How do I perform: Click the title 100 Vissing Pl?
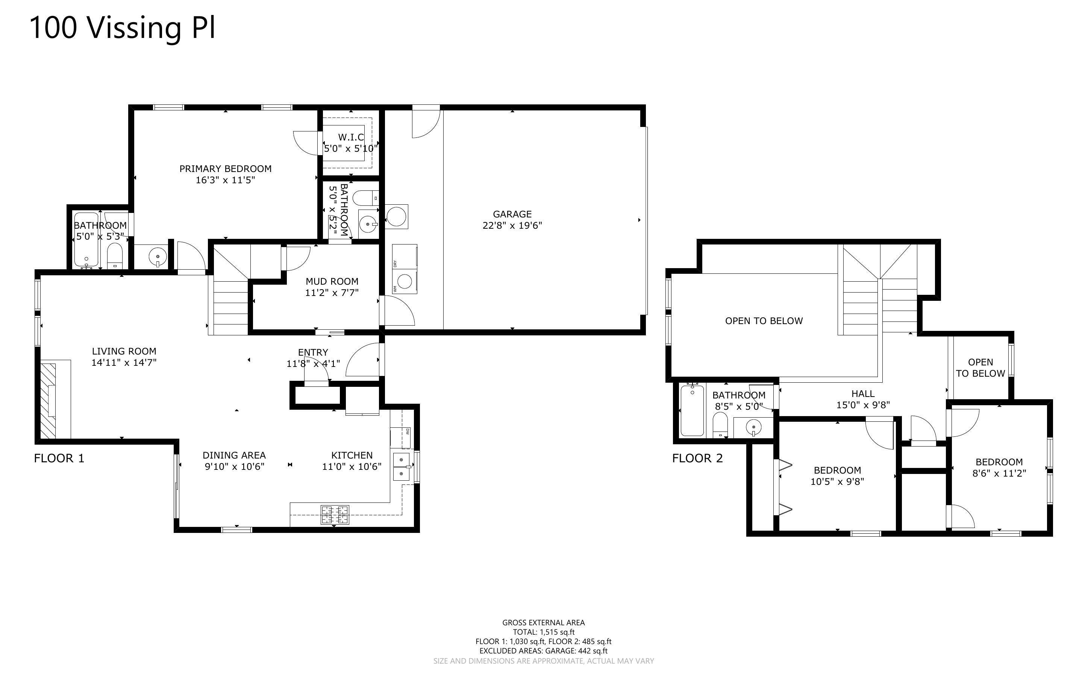(123, 27)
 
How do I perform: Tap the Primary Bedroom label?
(226, 169)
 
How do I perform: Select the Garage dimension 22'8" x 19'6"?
(512, 225)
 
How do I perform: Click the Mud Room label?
(332, 282)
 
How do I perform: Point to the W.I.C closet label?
(351, 137)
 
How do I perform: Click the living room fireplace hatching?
(48, 401)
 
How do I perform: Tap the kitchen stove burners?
(334, 515)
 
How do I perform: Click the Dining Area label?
(234, 456)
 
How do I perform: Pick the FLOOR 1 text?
(59, 459)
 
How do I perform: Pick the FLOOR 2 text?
(697, 459)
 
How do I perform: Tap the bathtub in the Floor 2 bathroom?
(692, 410)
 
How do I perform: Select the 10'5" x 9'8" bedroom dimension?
(837, 482)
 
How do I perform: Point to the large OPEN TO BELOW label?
(764, 321)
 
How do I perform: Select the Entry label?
(313, 353)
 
